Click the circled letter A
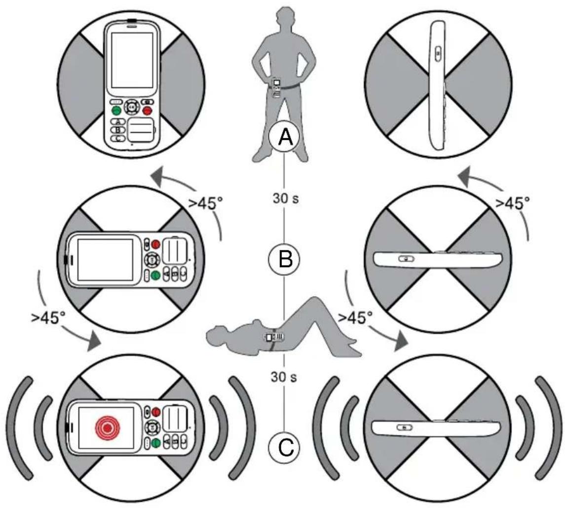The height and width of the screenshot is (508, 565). (x=285, y=137)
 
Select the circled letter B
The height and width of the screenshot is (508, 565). (x=285, y=259)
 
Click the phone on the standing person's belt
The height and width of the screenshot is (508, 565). (x=276, y=87)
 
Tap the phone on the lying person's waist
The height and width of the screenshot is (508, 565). (x=274, y=337)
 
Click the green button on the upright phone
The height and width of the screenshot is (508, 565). (x=116, y=110)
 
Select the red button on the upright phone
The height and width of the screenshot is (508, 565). (x=148, y=110)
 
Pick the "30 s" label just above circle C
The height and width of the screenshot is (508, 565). (x=284, y=377)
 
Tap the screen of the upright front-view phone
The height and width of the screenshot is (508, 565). (x=132, y=60)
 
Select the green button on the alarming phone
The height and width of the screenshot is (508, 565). (x=155, y=444)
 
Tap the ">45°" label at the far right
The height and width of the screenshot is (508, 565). (x=513, y=203)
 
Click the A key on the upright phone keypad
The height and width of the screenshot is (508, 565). (x=118, y=122)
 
